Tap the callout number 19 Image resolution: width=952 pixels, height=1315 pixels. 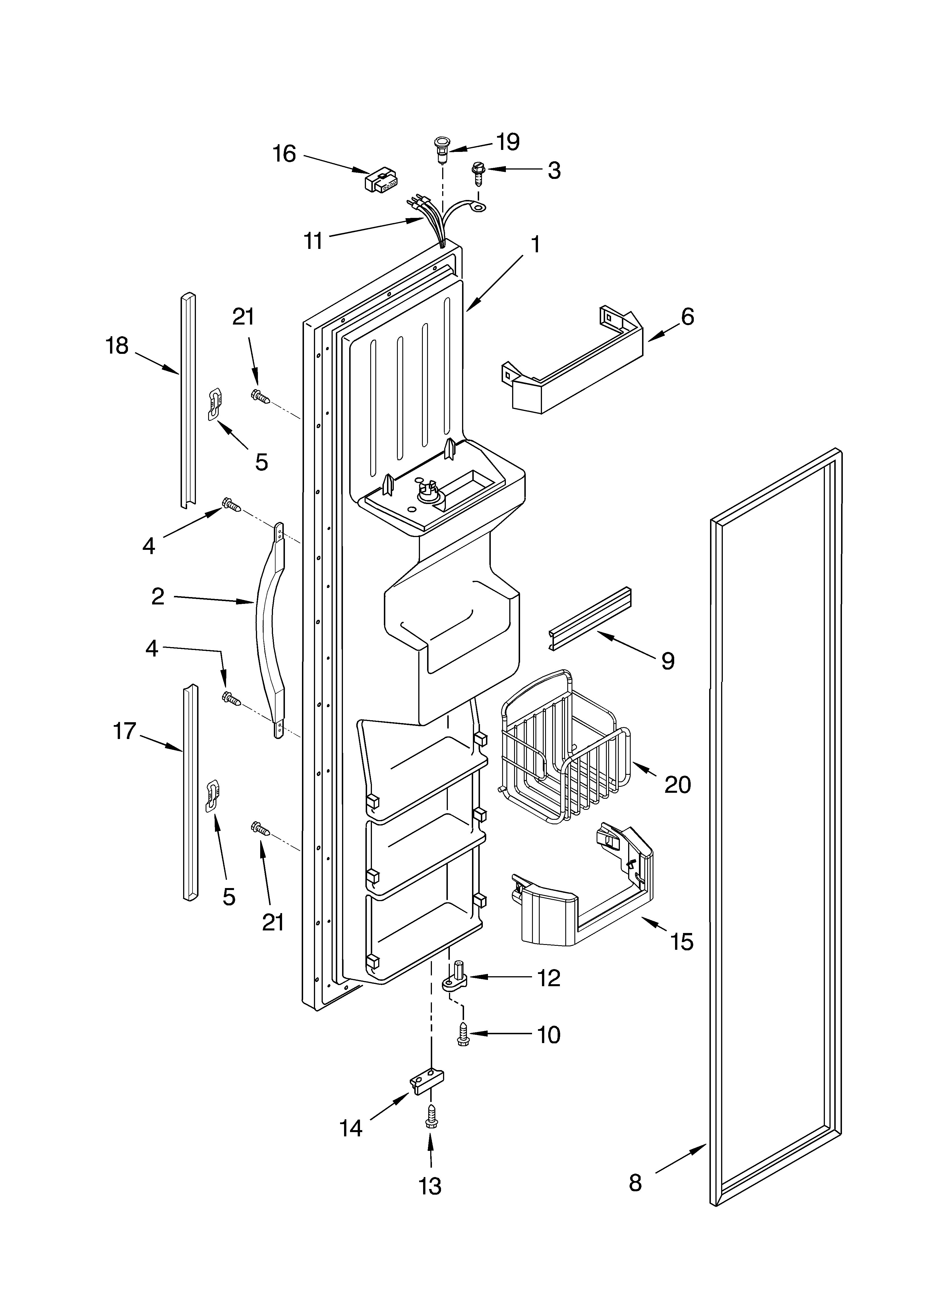[x=508, y=141]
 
